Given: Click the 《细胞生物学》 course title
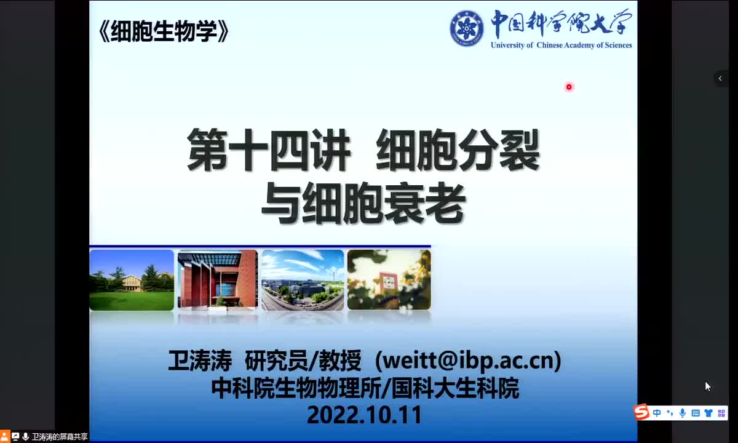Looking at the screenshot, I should (163, 31).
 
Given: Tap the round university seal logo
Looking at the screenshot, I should (467, 29).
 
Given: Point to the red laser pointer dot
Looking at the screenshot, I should (569, 87).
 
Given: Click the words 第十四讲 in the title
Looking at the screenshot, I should (269, 150).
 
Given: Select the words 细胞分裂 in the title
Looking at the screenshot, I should (458, 150).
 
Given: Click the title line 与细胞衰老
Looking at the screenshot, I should (363, 204).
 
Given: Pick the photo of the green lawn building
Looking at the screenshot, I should (132, 280).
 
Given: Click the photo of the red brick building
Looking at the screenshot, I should (218, 279).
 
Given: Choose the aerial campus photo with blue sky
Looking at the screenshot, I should (303, 280).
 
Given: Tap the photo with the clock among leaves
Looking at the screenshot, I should (389, 280).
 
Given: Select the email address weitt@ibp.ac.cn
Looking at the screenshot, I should (468, 361).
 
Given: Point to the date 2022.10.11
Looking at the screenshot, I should (364, 415).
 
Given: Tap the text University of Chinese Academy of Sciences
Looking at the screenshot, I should (561, 45).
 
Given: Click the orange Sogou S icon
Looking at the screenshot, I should (642, 412).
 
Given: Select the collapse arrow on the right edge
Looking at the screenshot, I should (720, 78).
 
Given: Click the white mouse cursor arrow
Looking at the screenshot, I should (708, 386).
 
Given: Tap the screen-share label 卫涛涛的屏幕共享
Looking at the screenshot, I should (60, 437).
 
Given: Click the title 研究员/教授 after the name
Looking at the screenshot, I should (303, 361).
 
